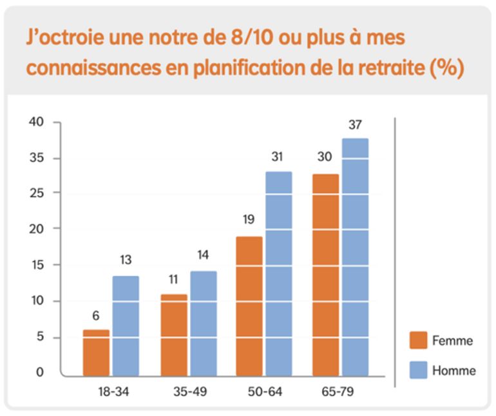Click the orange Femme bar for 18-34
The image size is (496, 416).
point(96,352)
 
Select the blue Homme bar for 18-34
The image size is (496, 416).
point(126,326)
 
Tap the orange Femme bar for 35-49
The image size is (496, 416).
point(173,335)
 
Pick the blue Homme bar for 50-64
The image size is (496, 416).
point(279,273)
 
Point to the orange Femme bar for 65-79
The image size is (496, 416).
point(325,275)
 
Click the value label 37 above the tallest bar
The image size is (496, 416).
point(355,125)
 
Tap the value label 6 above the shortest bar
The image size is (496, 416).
point(95,316)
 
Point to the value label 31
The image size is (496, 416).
point(279,157)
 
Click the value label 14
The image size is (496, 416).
point(203,255)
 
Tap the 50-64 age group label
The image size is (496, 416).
point(264,391)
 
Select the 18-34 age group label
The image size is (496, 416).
point(111,391)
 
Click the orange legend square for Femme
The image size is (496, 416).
point(418,340)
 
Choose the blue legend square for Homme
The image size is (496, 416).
point(418,370)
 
